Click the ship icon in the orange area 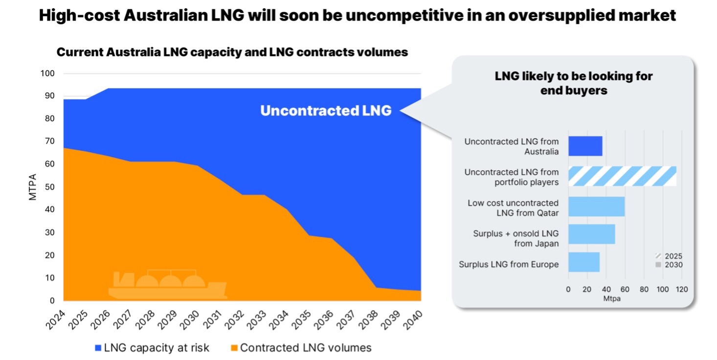(x=167, y=285)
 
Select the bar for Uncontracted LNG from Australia (x=585, y=146)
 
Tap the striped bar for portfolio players (x=622, y=176)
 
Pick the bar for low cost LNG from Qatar (x=596, y=206)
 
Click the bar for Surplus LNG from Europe (x=583, y=263)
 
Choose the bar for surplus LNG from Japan (x=591, y=234)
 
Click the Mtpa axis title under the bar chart (x=612, y=298)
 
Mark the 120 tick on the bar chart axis (x=681, y=289)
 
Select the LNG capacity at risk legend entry (x=152, y=348)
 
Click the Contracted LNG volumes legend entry (x=300, y=348)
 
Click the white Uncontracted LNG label (x=326, y=111)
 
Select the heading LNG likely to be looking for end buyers (x=573, y=83)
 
